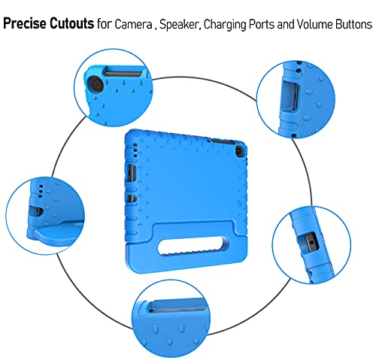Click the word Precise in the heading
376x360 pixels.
pyautogui.click(x=25, y=23)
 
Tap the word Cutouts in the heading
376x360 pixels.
pyautogui.click(x=71, y=23)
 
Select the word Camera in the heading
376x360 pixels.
pyautogui.click(x=133, y=25)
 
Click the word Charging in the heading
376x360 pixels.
pyautogui.click(x=226, y=25)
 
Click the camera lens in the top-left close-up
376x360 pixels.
pyautogui.click(x=96, y=84)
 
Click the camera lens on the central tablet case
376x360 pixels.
pyautogui.click(x=238, y=151)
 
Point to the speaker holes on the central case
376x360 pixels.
pyautogui.click(x=135, y=150)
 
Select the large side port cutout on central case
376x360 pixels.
pyautogui.click(x=132, y=174)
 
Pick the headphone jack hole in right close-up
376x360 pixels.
pyautogui.click(x=311, y=243)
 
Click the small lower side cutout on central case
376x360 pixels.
pyautogui.click(x=131, y=198)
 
